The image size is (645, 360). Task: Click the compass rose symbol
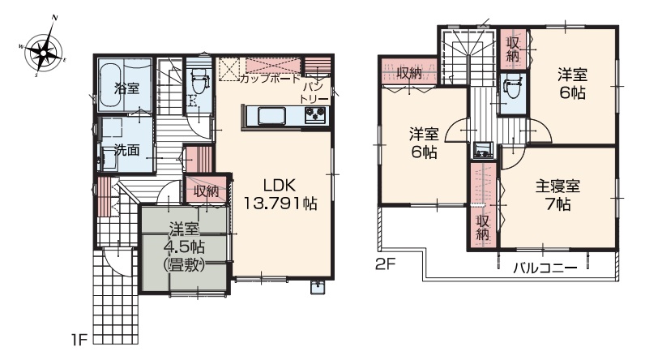(x=43, y=51)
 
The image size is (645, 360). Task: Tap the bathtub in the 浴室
(x=111, y=87)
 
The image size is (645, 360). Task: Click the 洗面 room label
(x=126, y=150)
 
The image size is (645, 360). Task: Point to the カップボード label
(x=271, y=79)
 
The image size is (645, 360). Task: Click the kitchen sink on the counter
(x=272, y=115)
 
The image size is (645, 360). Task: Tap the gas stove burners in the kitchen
(x=315, y=114)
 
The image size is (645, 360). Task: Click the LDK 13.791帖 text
(x=280, y=195)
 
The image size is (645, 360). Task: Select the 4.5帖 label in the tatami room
(x=184, y=246)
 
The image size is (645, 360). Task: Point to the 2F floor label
(x=386, y=264)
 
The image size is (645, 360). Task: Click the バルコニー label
(x=545, y=268)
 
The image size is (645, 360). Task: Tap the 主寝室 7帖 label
(x=557, y=195)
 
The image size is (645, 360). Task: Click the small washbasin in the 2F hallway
(x=483, y=149)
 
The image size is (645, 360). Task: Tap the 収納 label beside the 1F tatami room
(x=207, y=191)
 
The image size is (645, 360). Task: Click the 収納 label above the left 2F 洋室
(x=409, y=74)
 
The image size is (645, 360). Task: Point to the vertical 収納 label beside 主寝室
(x=482, y=228)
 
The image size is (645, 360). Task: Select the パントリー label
(x=314, y=93)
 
